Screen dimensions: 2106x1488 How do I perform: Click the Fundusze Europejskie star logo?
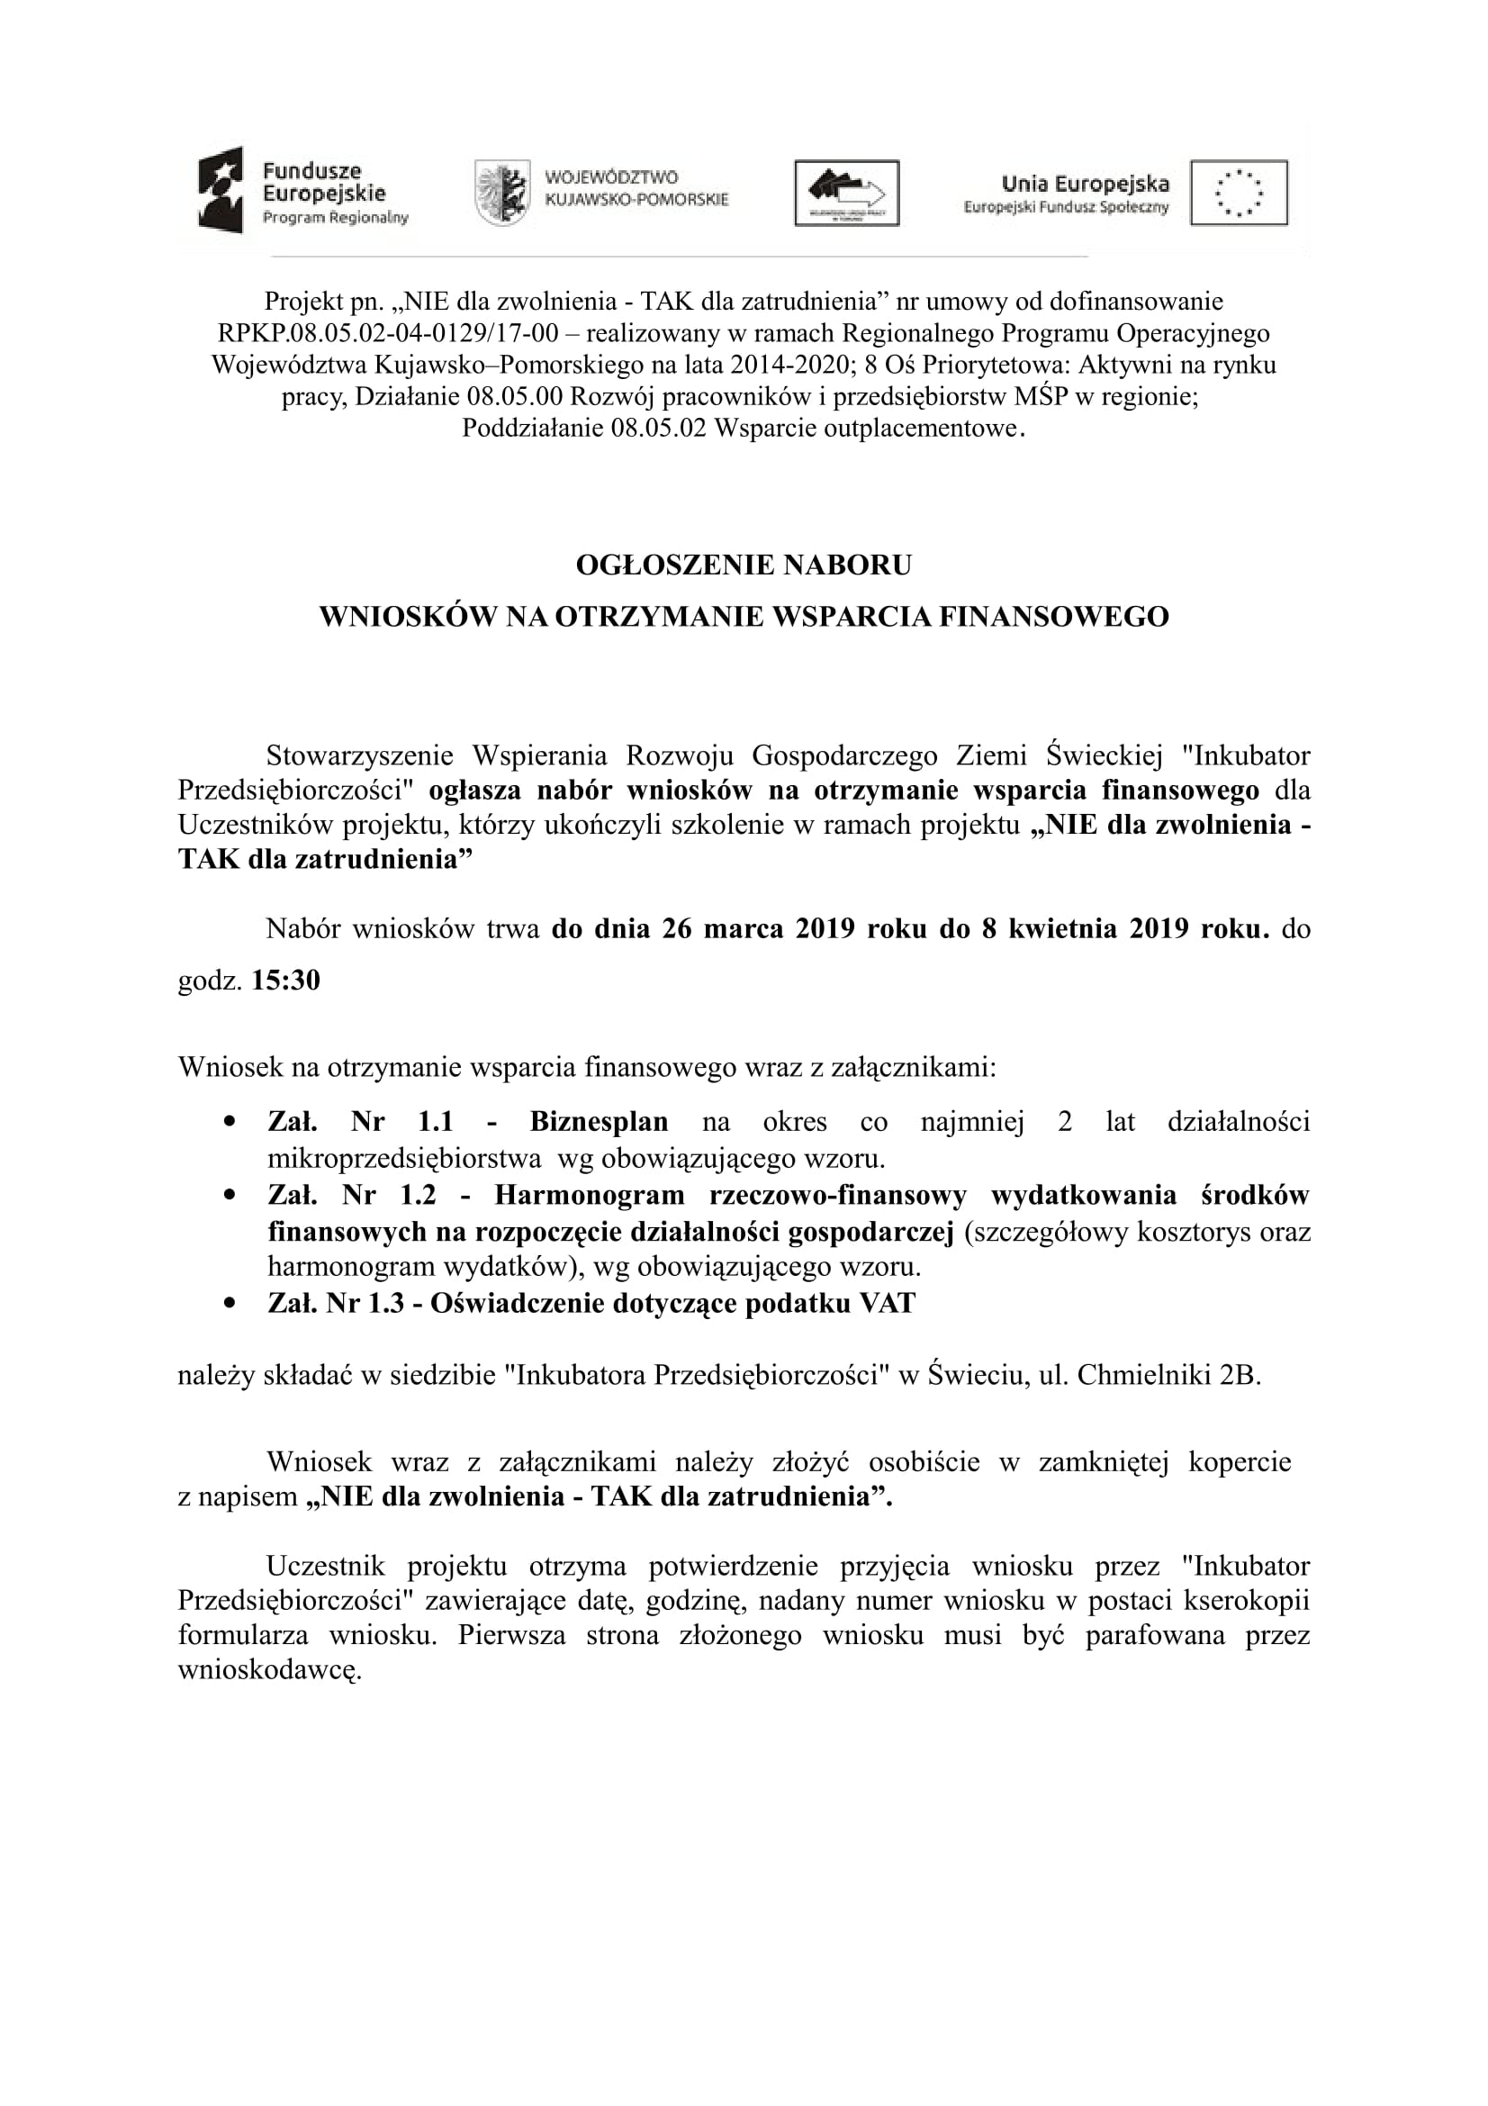(x=221, y=190)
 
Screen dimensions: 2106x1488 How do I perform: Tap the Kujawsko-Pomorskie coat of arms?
(x=501, y=193)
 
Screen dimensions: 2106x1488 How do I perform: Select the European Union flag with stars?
(x=1239, y=193)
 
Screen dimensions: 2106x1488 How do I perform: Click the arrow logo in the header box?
(x=846, y=193)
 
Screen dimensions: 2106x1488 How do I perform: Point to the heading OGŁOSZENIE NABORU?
(x=744, y=565)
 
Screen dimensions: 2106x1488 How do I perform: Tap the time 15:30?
(x=286, y=981)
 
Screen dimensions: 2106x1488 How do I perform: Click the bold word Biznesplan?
(x=599, y=1122)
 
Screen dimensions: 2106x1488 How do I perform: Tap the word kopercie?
(x=1240, y=1462)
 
